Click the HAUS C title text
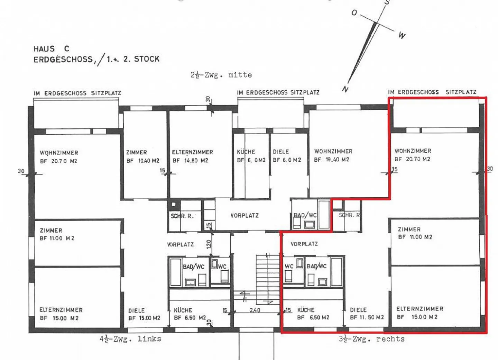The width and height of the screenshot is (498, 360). pos(51,49)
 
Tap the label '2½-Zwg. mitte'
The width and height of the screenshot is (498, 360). pos(221,75)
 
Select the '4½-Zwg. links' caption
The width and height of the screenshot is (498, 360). pos(130,339)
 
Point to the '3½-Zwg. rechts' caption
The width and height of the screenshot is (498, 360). pos(371,339)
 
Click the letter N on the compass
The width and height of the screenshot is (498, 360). pos(345,89)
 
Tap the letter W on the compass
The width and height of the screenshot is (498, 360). pos(402,35)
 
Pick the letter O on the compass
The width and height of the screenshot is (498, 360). pos(354,13)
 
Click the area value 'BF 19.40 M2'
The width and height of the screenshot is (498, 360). pos(331,160)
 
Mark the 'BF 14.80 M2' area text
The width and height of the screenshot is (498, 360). pos(190,161)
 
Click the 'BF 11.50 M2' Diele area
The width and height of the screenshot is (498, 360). pos(367,317)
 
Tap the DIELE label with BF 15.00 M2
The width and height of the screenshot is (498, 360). pos(136,310)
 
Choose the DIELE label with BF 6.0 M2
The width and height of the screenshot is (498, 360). pos(280,152)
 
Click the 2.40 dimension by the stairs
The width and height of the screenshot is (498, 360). pos(255,310)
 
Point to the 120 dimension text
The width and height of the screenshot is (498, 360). pos(209,244)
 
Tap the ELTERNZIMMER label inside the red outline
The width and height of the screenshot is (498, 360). pos(419,308)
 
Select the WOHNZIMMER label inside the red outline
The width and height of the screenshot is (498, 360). pos(413,151)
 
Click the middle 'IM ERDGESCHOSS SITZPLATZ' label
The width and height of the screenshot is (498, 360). pos(278,92)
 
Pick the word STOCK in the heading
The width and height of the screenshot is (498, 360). pos(147,59)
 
